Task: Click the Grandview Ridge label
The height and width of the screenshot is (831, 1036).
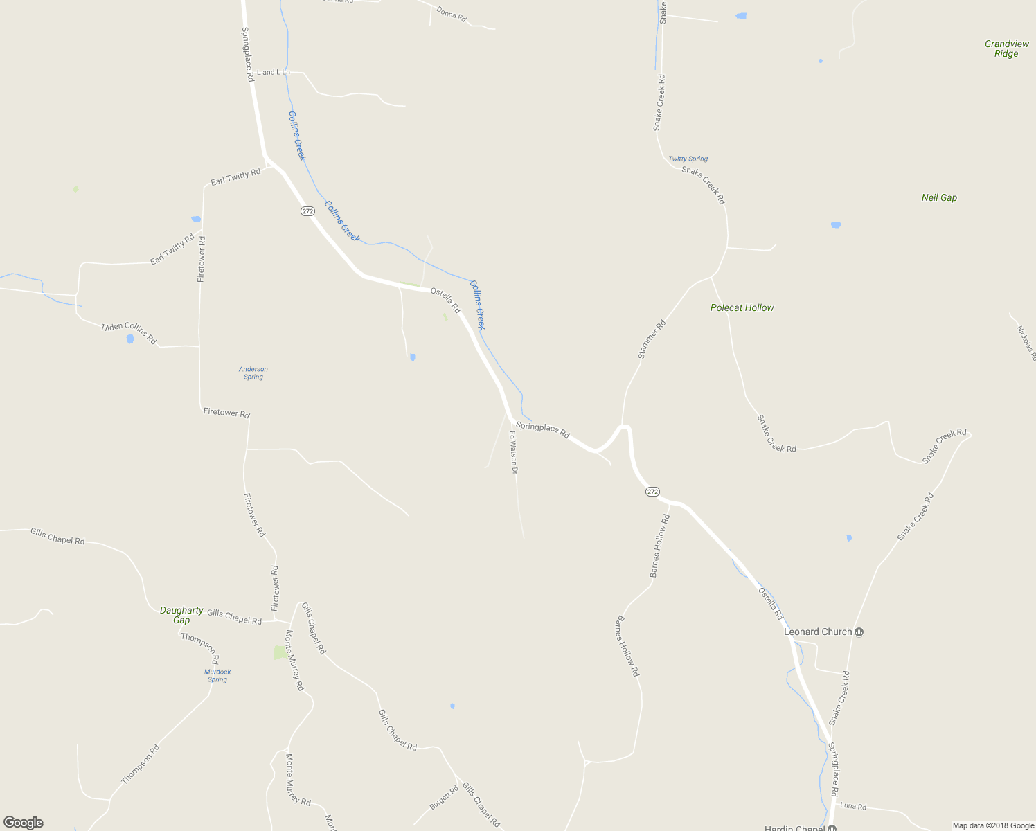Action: click(x=1006, y=48)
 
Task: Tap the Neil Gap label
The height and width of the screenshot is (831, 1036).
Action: click(x=939, y=197)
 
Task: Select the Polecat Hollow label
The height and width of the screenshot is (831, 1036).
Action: click(x=742, y=307)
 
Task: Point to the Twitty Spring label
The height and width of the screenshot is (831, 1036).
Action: click(x=688, y=159)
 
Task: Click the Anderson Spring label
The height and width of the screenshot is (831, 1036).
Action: click(x=253, y=373)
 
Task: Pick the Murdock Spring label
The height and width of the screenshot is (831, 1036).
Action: click(x=217, y=675)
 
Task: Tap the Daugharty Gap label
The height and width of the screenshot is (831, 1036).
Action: click(x=181, y=615)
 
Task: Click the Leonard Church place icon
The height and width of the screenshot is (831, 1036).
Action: click(x=859, y=632)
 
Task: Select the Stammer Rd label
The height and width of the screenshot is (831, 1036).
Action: click(x=652, y=339)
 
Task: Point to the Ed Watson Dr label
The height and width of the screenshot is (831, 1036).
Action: click(x=514, y=452)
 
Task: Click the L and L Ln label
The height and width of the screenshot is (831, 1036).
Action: click(x=273, y=72)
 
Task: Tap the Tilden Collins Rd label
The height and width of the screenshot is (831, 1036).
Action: click(x=129, y=333)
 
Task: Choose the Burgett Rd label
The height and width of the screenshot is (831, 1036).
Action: click(x=444, y=798)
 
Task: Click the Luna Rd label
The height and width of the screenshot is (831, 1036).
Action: click(x=852, y=806)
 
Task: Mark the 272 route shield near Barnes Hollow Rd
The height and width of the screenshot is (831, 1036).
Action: click(x=652, y=491)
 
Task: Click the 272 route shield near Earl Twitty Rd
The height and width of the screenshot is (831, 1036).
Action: click(x=307, y=211)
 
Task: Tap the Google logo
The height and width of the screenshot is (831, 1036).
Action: click(x=23, y=823)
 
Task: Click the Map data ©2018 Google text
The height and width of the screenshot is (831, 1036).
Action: click(x=993, y=825)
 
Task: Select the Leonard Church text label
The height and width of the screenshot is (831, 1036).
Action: click(x=817, y=632)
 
